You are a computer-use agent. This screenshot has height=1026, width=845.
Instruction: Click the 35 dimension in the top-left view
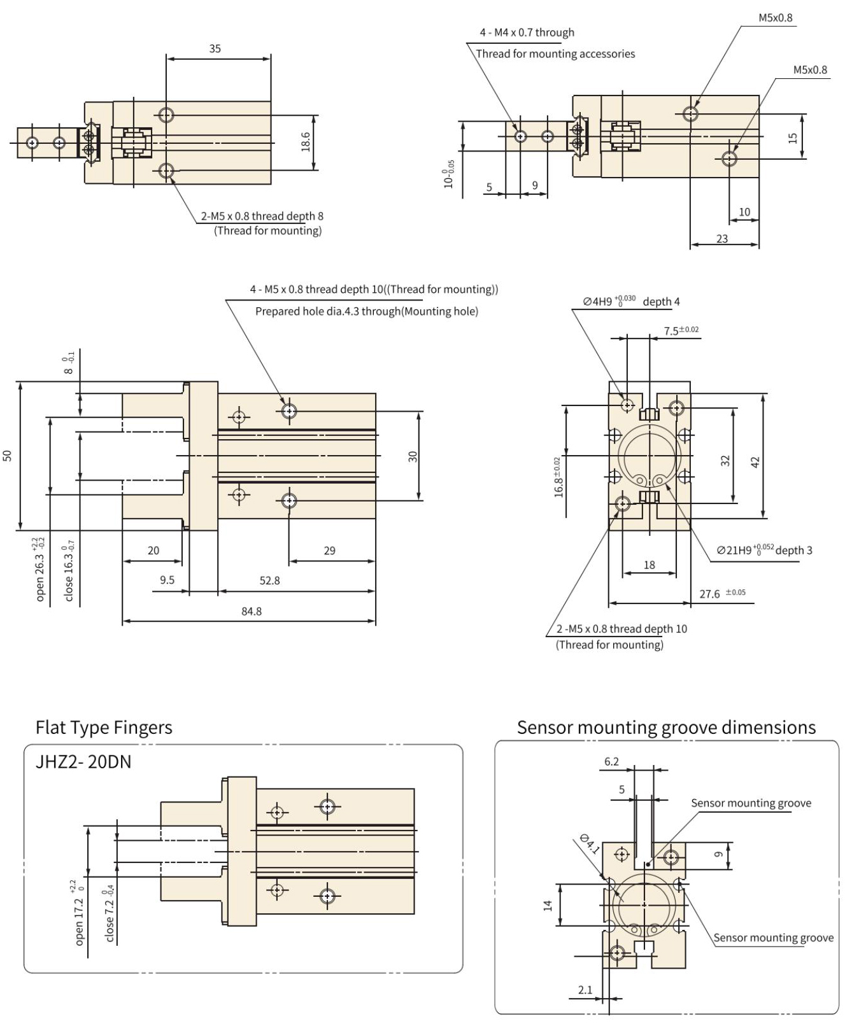pyautogui.click(x=215, y=48)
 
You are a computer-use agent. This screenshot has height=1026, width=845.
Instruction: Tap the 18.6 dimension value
pyautogui.click(x=305, y=142)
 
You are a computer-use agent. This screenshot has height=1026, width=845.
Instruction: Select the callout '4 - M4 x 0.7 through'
pyautogui.click(x=527, y=32)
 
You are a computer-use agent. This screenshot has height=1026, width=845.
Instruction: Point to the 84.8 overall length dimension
pyautogui.click(x=251, y=611)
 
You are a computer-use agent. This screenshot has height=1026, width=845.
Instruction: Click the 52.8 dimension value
pyautogui.click(x=269, y=580)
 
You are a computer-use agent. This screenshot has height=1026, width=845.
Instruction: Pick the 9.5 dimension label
pyautogui.click(x=167, y=580)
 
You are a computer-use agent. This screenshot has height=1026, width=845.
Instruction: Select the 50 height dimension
pyautogui.click(x=7, y=455)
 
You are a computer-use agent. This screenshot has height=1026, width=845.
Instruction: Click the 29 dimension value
pyautogui.click(x=329, y=551)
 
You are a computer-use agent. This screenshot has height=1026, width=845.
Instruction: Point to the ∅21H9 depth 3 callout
pyautogui.click(x=764, y=550)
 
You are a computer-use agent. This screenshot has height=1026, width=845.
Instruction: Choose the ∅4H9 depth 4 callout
pyautogui.click(x=631, y=301)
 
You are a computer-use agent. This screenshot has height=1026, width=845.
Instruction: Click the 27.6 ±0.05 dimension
pyautogui.click(x=722, y=593)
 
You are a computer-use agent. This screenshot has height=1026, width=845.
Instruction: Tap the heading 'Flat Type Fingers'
pyautogui.click(x=104, y=727)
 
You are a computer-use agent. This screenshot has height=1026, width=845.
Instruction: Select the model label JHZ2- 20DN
pyautogui.click(x=83, y=762)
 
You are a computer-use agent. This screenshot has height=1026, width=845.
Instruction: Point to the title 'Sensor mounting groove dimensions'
pyautogui.click(x=666, y=727)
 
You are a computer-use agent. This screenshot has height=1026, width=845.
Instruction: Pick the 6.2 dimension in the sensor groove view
pyautogui.click(x=611, y=761)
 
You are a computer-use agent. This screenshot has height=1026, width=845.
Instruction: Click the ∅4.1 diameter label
pyautogui.click(x=590, y=843)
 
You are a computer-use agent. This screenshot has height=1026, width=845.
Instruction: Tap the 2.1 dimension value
pyautogui.click(x=585, y=990)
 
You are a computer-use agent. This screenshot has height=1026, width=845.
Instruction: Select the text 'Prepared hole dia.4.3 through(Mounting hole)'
pyautogui.click(x=366, y=311)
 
